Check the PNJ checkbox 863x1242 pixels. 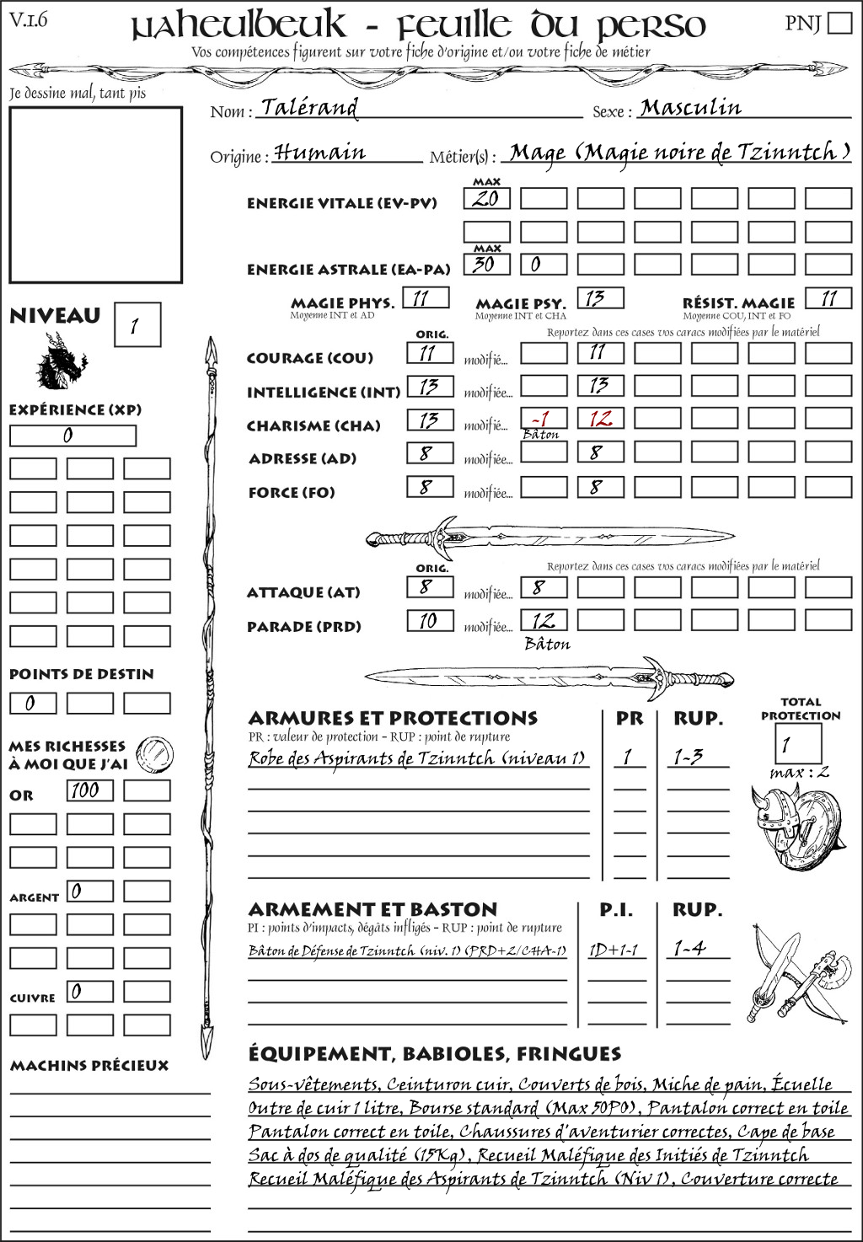[839, 22]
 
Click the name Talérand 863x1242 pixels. [309, 108]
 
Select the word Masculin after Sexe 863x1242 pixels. [690, 108]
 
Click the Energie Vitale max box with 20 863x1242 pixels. [486, 199]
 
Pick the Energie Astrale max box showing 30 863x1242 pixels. [486, 264]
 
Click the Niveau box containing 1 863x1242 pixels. [137, 325]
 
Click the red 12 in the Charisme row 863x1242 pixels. [600, 420]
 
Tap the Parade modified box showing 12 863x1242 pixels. [544, 621]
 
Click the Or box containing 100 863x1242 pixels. [89, 790]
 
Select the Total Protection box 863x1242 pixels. [797, 744]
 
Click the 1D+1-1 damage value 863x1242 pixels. [613, 950]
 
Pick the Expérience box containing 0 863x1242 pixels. [72, 436]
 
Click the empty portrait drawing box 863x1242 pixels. [95, 195]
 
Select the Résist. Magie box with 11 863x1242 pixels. [828, 298]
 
